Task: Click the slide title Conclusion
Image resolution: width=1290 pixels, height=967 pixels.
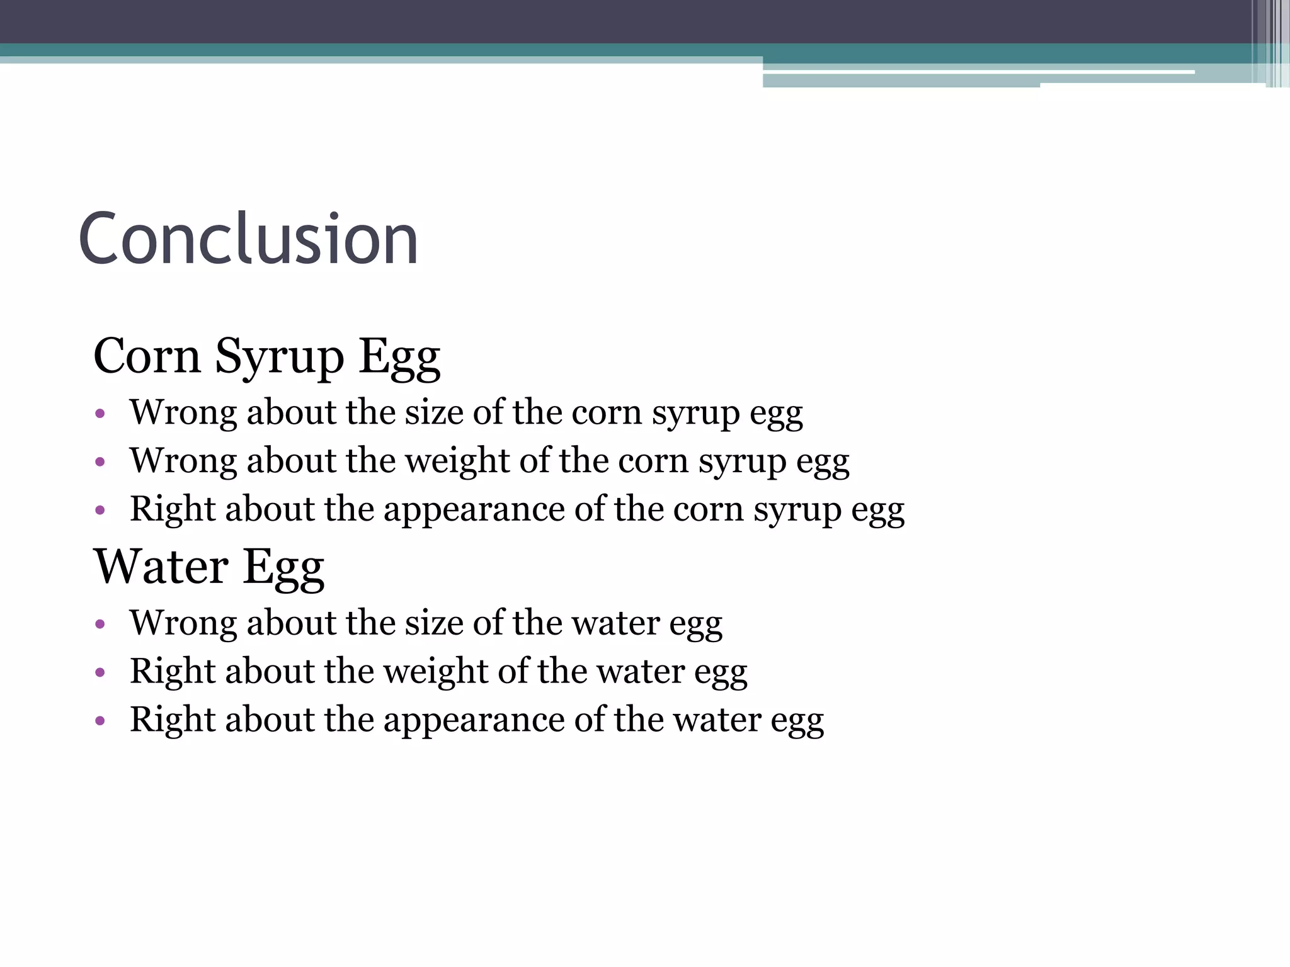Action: (248, 239)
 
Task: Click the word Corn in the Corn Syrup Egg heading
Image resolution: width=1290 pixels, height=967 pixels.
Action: (147, 356)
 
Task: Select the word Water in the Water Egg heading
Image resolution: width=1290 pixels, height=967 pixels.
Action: (161, 567)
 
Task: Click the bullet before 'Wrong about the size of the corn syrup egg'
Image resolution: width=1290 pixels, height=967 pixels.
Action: (100, 414)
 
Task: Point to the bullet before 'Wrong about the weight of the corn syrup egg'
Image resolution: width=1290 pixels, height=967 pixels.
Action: (100, 463)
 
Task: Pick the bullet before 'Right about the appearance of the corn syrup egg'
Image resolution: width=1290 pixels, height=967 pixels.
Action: (100, 511)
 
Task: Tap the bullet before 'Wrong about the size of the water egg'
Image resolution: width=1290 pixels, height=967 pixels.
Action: (100, 625)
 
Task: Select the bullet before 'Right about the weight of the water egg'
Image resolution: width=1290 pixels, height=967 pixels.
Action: (100, 673)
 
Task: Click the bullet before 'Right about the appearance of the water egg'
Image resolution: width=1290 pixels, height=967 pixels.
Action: (100, 721)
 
